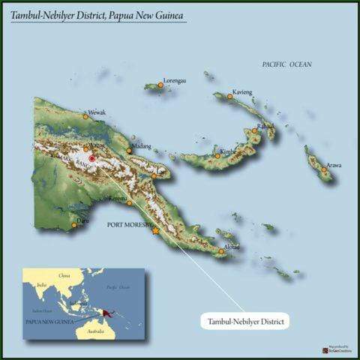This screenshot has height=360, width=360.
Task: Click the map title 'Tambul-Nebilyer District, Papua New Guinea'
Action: pos(98,14)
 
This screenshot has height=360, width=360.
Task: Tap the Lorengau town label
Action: pos(175,79)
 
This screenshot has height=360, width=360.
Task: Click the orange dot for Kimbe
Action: pos(218,155)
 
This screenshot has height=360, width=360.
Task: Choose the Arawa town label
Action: pos(334,165)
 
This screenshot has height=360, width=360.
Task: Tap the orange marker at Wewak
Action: pos(85,117)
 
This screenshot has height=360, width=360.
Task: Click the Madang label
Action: pos(141,145)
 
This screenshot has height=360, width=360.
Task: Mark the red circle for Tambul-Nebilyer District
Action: pos(91,159)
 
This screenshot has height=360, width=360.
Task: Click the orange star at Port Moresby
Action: pos(155,230)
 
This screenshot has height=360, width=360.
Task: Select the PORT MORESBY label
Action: pos(130,224)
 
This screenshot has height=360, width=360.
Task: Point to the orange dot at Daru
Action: pos(73,224)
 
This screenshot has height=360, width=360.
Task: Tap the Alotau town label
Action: pos(232,246)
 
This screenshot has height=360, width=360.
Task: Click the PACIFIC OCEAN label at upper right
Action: pos(286,64)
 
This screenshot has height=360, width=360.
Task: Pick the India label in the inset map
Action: pos(42,285)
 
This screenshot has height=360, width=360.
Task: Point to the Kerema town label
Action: pos(118,199)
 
